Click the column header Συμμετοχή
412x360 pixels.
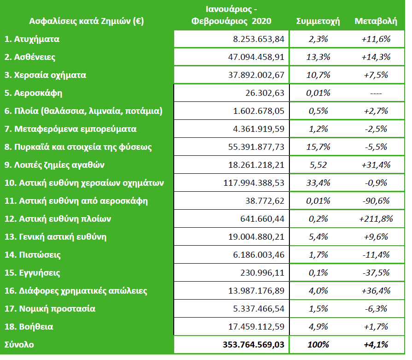(x=318, y=21)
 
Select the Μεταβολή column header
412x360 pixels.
(x=376, y=21)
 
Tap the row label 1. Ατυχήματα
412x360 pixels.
(x=32, y=39)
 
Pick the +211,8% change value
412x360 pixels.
(x=376, y=219)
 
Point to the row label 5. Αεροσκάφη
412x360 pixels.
(x=33, y=93)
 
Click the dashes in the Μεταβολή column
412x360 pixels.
(x=376, y=93)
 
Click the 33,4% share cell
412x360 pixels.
(x=318, y=183)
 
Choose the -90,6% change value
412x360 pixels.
(x=376, y=201)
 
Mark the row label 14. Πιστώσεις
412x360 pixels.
(x=33, y=255)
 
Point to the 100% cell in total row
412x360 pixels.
(x=318, y=345)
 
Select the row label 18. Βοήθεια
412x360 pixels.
(x=29, y=327)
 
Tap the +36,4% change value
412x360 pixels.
(x=376, y=291)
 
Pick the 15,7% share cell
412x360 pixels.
(x=318, y=147)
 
